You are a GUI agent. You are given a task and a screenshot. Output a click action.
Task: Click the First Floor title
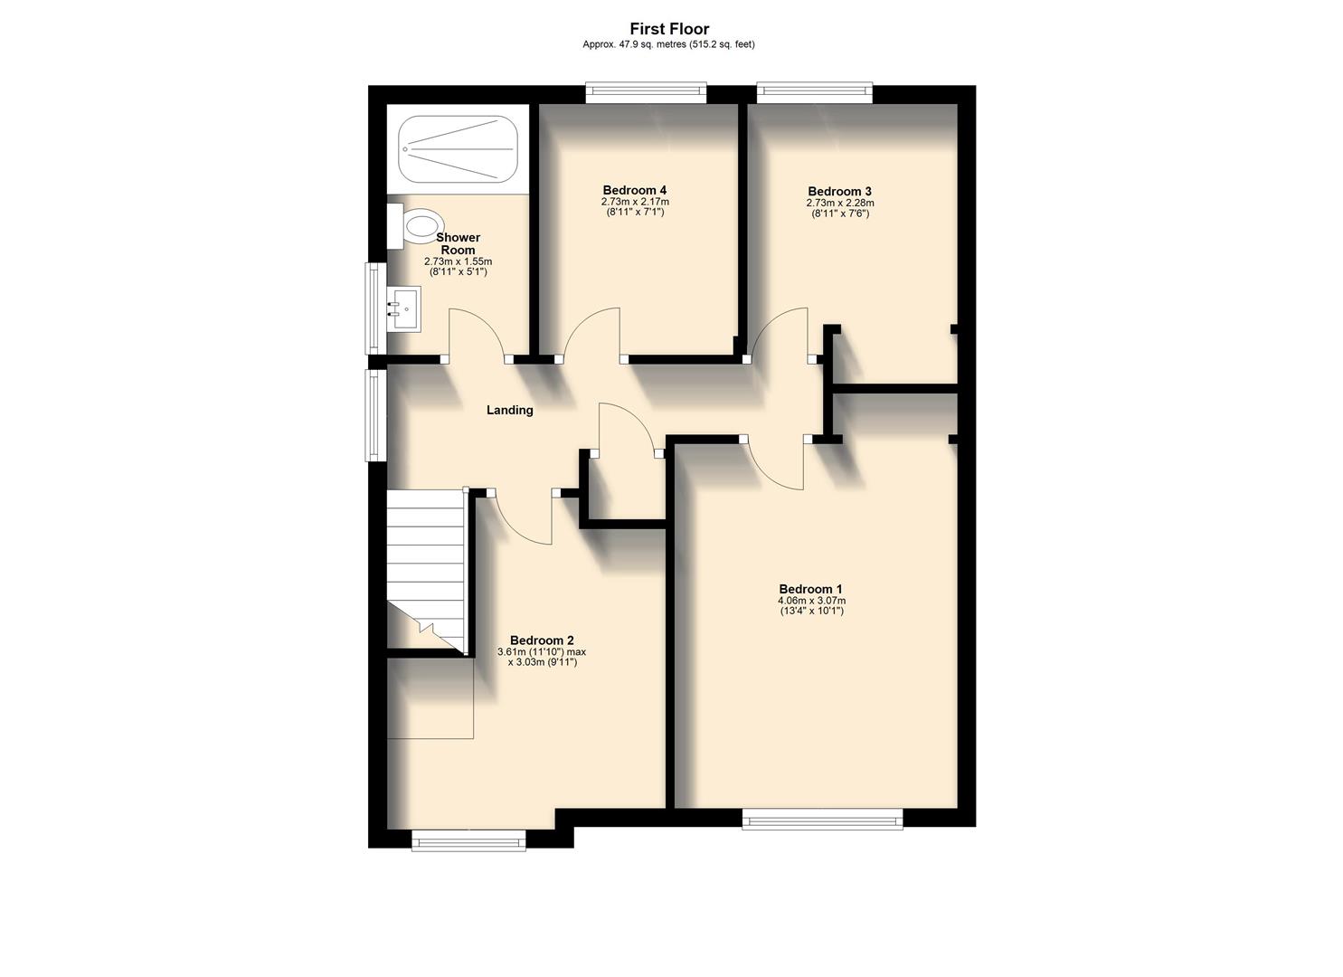[669, 29]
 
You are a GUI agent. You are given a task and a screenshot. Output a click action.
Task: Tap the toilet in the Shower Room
[418, 225]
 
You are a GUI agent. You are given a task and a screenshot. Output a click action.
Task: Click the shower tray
[459, 147]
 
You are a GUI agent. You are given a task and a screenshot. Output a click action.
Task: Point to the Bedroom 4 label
[634, 190]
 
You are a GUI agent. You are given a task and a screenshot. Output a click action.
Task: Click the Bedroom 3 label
[839, 192]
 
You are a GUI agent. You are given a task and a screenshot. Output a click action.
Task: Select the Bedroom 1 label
[811, 590]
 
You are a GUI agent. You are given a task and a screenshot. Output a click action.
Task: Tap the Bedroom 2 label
[541, 640]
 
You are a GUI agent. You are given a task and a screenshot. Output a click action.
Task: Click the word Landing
[510, 411]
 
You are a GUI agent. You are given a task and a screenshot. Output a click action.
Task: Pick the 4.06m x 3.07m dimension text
[811, 601]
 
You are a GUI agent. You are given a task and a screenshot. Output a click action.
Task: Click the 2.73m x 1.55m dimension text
[458, 261]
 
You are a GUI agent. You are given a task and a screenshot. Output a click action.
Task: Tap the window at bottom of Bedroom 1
[822, 819]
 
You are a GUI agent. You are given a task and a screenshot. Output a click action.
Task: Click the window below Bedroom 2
[468, 840]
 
